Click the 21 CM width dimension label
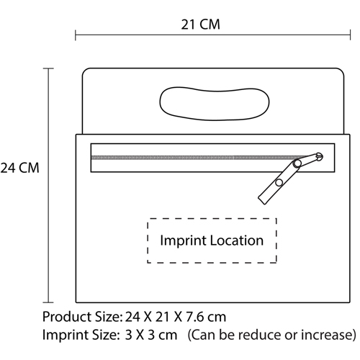[x=200, y=24]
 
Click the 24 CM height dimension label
[x=19, y=168]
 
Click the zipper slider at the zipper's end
[x=319, y=156]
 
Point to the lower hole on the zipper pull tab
[x=279, y=183]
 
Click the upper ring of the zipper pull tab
[x=297, y=163]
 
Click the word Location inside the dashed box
[x=237, y=240]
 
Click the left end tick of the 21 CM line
[x=76, y=35]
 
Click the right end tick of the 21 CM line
[x=350, y=35]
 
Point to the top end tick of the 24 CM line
[x=48, y=68]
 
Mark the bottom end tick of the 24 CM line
[x=48, y=302]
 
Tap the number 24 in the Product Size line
[x=132, y=317]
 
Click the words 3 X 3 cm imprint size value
[x=151, y=335]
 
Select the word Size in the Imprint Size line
[x=107, y=335]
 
